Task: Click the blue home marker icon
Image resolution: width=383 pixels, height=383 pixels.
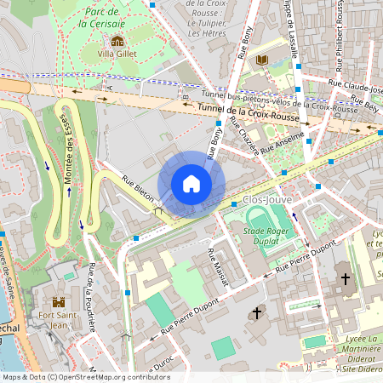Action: click(191, 184)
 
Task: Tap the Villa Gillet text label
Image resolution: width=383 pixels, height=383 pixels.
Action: click(117, 54)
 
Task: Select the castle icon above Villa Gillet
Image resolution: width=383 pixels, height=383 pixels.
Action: click(117, 41)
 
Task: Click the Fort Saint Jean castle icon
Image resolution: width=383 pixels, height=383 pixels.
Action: click(59, 302)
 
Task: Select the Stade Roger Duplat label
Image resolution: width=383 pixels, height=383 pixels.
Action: click(268, 235)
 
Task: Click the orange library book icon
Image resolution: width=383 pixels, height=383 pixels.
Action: click(262, 59)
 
